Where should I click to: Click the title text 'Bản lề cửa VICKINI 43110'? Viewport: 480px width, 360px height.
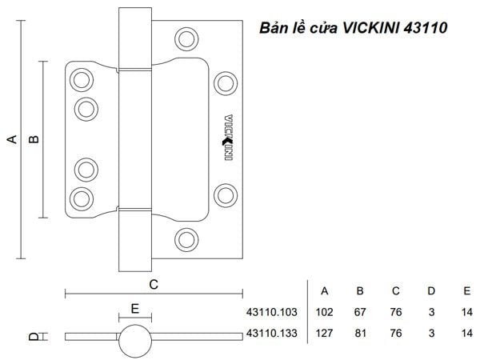354,28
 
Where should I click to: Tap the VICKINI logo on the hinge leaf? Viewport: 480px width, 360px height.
228,137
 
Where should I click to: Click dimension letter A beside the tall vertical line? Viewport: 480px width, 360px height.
12,139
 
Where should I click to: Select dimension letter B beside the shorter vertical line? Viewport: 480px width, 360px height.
34,139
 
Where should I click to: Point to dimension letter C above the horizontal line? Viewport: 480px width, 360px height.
154,285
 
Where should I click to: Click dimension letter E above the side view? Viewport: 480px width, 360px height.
135,309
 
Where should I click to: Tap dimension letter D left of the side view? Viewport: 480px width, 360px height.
34,337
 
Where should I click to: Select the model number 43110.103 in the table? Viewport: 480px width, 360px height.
272,312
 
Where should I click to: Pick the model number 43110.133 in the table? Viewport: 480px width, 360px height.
272,333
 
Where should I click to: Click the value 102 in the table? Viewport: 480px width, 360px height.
325,312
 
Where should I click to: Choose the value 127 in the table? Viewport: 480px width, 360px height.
325,333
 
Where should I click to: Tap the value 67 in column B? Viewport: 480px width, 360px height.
360,312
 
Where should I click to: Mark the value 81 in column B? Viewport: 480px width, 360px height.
360,333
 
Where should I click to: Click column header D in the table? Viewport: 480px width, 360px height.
431,291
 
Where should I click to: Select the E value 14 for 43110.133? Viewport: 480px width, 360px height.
467,333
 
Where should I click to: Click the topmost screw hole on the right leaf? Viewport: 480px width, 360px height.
186,39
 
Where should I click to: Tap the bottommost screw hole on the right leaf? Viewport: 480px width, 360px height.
186,240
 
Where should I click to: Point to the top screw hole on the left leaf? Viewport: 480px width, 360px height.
82,80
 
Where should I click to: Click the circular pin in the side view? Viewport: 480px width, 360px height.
135,341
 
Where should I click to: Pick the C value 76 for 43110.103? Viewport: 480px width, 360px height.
396,312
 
